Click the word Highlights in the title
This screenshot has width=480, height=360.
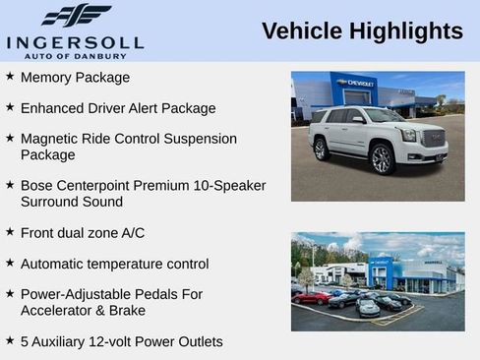(405, 31)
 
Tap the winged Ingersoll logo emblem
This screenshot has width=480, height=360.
(76, 16)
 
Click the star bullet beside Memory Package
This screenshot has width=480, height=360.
(10, 76)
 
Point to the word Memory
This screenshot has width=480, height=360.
(46, 77)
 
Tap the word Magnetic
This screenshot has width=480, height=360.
(51, 139)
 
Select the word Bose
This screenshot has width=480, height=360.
(37, 185)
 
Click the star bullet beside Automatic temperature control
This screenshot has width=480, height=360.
(10, 263)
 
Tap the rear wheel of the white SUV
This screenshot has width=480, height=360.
(322, 150)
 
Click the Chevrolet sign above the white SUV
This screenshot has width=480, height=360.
(356, 83)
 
